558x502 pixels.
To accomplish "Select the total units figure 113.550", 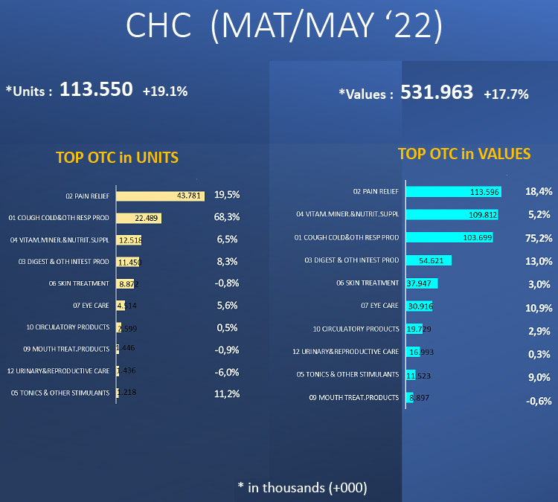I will pyautogui.click(x=96, y=91).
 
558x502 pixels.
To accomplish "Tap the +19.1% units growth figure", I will pyautogui.click(x=165, y=91).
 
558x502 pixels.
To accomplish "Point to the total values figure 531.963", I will pyautogui.click(x=437, y=92).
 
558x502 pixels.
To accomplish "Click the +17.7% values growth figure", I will pyautogui.click(x=506, y=94).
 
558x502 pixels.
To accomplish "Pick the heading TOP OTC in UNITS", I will pyautogui.click(x=117, y=158).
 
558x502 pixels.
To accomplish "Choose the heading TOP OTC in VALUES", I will pyautogui.click(x=464, y=154).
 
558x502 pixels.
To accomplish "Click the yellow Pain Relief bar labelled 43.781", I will pyautogui.click(x=160, y=196).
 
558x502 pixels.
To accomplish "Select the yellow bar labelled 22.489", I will pyautogui.click(x=139, y=218).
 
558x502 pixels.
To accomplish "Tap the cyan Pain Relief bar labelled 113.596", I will pyautogui.click(x=453, y=192).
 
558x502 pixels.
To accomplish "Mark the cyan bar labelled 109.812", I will pyautogui.click(x=452, y=214).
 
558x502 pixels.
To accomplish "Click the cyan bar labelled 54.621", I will pyautogui.click(x=429, y=260).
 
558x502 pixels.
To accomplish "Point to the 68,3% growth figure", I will pyautogui.click(x=226, y=217).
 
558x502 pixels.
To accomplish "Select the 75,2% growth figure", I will pyautogui.click(x=538, y=238).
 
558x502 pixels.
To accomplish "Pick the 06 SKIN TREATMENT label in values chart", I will pyautogui.click(x=368, y=283).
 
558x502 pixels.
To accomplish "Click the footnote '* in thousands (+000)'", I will pyautogui.click(x=302, y=487).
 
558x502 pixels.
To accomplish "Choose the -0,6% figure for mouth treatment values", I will pyautogui.click(x=538, y=401).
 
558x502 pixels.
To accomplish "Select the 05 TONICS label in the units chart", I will pyautogui.click(x=60, y=393).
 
